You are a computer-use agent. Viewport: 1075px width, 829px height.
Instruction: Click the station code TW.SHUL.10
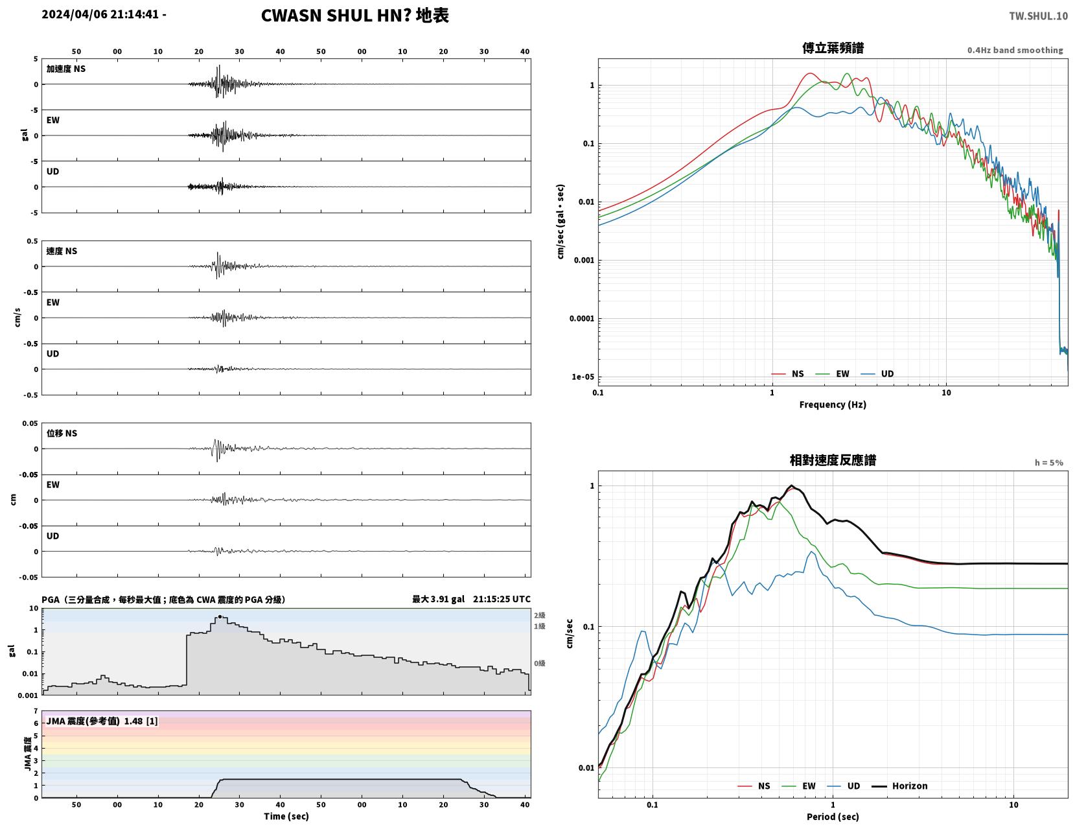[1038, 16]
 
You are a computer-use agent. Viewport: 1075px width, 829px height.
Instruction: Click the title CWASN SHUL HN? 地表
[354, 16]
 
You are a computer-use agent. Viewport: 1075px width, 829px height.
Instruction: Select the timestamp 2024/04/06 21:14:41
[100, 14]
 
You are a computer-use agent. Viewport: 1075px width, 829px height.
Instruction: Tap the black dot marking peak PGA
[220, 617]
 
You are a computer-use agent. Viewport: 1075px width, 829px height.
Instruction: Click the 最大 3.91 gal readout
[438, 599]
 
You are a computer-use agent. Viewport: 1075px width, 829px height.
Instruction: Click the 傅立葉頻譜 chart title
[833, 48]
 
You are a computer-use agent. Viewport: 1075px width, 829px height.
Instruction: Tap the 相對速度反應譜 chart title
[833, 460]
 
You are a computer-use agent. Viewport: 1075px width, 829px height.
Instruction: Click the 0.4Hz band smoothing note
[1015, 50]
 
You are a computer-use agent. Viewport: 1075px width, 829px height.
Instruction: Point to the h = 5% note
[1049, 463]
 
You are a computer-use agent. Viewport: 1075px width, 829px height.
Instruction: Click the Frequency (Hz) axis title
[833, 404]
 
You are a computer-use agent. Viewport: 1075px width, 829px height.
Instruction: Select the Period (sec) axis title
[833, 817]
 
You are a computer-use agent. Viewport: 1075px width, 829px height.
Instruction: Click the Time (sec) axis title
[286, 816]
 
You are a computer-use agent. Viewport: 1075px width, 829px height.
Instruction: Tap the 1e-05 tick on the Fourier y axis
[583, 377]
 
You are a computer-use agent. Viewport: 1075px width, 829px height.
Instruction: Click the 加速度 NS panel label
[66, 69]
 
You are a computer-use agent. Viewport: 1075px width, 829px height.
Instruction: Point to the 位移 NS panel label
[62, 433]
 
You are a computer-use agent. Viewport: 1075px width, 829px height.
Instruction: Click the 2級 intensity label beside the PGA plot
[539, 615]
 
